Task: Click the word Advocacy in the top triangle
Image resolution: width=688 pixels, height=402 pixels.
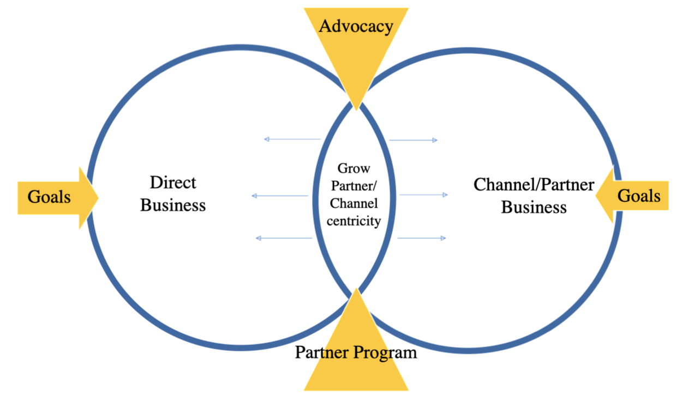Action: [x=356, y=26]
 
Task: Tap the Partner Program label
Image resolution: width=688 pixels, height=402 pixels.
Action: [x=356, y=352]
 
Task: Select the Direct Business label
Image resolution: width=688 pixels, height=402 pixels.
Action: [x=173, y=193]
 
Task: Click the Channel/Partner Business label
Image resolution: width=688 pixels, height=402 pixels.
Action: [x=534, y=196]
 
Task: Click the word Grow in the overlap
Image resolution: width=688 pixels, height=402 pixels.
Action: [x=354, y=168]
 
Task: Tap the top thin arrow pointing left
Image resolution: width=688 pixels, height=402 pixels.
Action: [x=292, y=139]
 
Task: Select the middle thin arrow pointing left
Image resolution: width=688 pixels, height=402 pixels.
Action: [x=280, y=196]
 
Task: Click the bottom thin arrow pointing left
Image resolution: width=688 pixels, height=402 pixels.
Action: [x=284, y=238]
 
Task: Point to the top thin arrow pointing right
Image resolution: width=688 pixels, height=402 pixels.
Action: [x=414, y=140]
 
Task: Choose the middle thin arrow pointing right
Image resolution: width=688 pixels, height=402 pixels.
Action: [x=423, y=194]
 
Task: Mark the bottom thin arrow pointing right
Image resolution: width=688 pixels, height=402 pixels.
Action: [x=422, y=238]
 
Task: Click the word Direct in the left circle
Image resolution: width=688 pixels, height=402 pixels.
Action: [x=173, y=182]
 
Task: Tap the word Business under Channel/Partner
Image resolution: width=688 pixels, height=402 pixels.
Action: [x=534, y=208]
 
